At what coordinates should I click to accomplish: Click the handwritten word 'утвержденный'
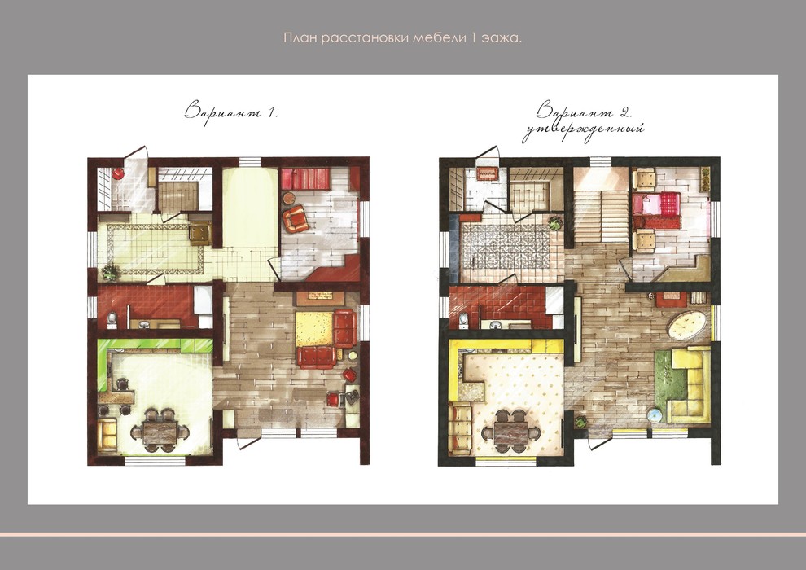pyautogui.click(x=584, y=130)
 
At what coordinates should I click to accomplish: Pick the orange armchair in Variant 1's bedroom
pyautogui.click(x=296, y=219)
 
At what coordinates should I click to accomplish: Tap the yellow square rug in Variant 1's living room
pyautogui.click(x=315, y=329)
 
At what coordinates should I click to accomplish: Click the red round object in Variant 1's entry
pyautogui.click(x=118, y=173)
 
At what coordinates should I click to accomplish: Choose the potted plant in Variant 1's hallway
pyautogui.click(x=109, y=272)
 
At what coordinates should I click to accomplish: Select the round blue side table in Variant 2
pyautogui.click(x=655, y=414)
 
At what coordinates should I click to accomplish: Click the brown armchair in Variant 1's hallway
pyautogui.click(x=200, y=234)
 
